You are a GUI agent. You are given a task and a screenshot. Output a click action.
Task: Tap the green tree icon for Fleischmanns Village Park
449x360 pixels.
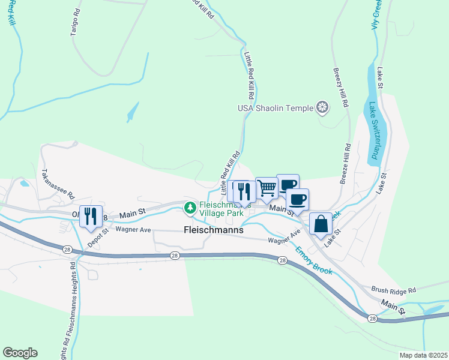point(190,208)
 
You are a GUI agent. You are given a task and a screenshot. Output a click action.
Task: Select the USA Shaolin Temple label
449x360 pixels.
point(276,108)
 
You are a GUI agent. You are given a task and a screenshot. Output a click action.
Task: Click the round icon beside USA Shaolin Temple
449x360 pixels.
point(323,108)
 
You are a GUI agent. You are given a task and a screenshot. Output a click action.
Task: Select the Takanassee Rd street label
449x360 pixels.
point(57,184)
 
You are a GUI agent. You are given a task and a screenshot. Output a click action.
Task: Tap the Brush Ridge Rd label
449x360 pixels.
point(394,290)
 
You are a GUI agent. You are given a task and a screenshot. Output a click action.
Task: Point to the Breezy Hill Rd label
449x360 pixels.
point(340,87)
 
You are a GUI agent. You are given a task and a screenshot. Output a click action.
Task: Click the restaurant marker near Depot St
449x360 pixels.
point(91,217)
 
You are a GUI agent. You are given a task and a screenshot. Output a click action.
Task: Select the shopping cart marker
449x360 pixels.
point(267,188)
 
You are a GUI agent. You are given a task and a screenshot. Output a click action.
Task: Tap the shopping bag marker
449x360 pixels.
point(321,224)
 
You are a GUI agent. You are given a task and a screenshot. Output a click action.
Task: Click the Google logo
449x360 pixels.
point(20,353)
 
